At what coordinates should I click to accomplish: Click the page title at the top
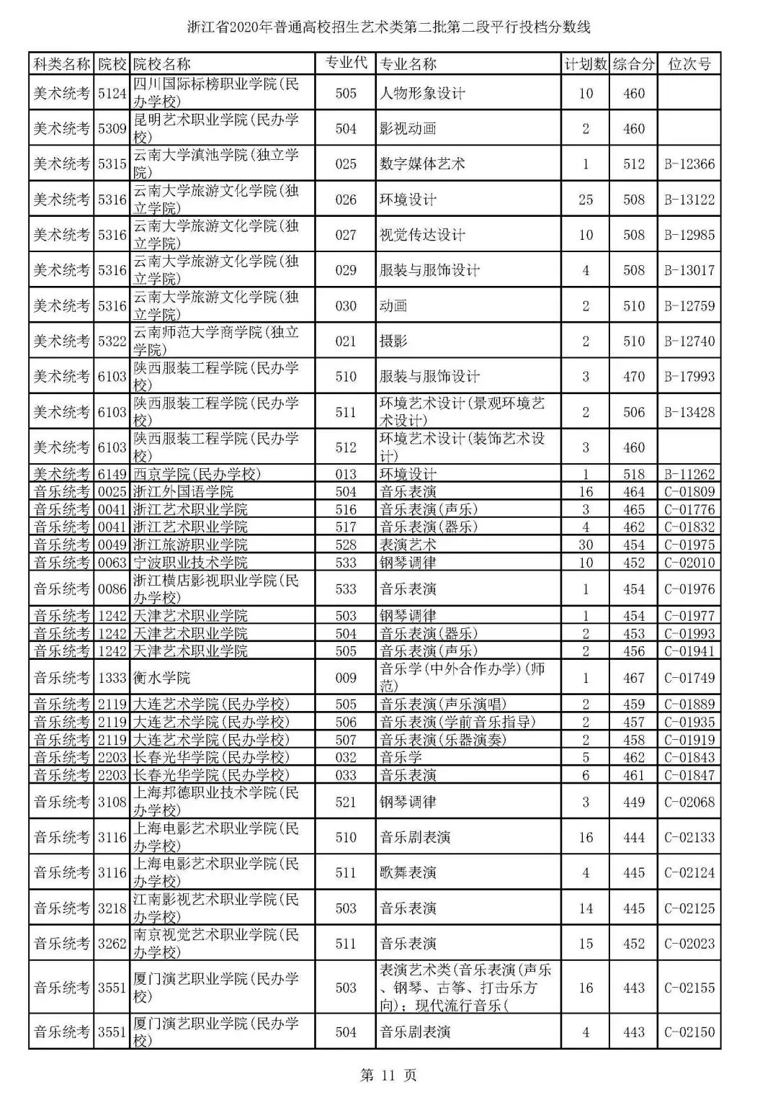click(388, 28)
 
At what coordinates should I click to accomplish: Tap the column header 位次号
click(689, 64)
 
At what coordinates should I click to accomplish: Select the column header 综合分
click(634, 64)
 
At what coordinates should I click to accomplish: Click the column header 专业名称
click(408, 64)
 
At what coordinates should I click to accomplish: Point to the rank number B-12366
click(689, 164)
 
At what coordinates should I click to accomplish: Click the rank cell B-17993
click(689, 376)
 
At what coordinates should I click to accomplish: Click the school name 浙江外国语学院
click(184, 492)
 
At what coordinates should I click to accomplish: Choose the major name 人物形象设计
click(422, 94)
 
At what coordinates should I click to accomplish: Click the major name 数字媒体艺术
click(422, 164)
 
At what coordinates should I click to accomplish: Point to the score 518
click(634, 474)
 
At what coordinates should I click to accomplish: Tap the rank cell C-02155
click(689, 988)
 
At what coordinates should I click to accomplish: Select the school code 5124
click(112, 94)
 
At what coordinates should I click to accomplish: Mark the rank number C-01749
click(689, 678)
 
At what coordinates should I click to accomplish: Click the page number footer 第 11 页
click(388, 1076)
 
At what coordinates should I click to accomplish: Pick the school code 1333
click(112, 678)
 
